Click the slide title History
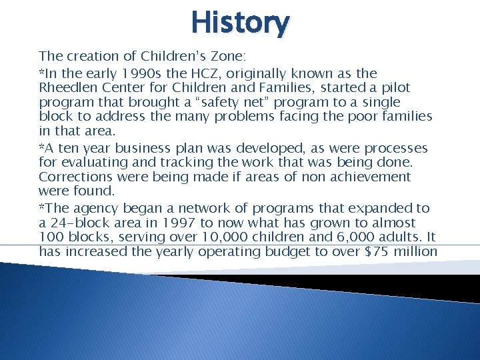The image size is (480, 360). [x=240, y=23]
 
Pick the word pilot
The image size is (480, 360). [x=395, y=88]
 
